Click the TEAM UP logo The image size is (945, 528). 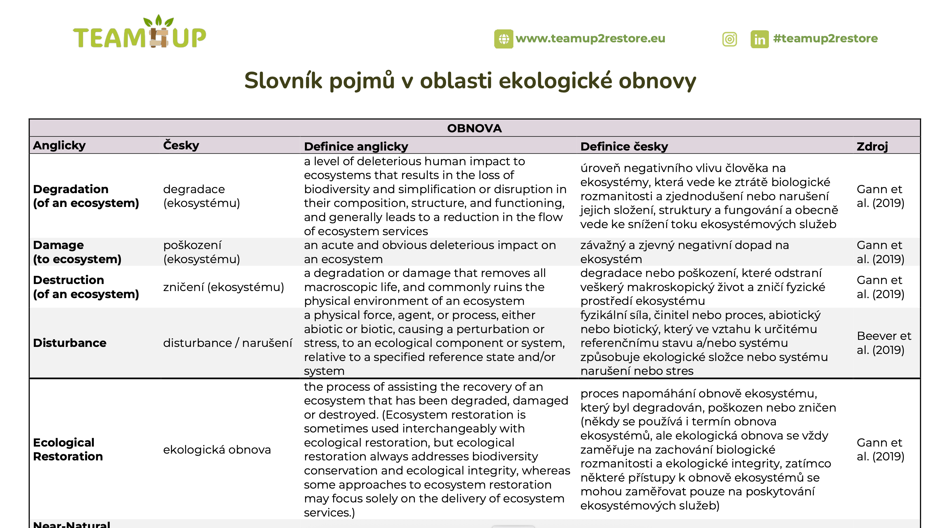(139, 33)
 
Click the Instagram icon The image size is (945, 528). (729, 39)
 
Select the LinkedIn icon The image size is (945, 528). (759, 39)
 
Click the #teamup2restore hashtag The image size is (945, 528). (825, 39)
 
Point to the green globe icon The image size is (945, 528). (504, 39)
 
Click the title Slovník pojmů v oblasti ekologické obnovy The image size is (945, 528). (470, 81)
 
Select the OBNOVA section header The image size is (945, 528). (474, 128)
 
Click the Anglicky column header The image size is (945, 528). (59, 146)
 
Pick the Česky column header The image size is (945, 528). (181, 146)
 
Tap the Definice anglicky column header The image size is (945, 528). (356, 146)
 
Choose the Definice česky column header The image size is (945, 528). (624, 146)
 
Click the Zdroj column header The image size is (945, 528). (872, 146)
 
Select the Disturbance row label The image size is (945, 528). (70, 343)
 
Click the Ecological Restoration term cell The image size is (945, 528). (68, 449)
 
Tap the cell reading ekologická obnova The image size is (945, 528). (217, 450)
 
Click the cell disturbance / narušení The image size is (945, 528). (228, 343)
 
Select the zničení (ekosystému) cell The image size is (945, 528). (223, 287)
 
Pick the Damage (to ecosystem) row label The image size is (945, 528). (77, 252)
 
